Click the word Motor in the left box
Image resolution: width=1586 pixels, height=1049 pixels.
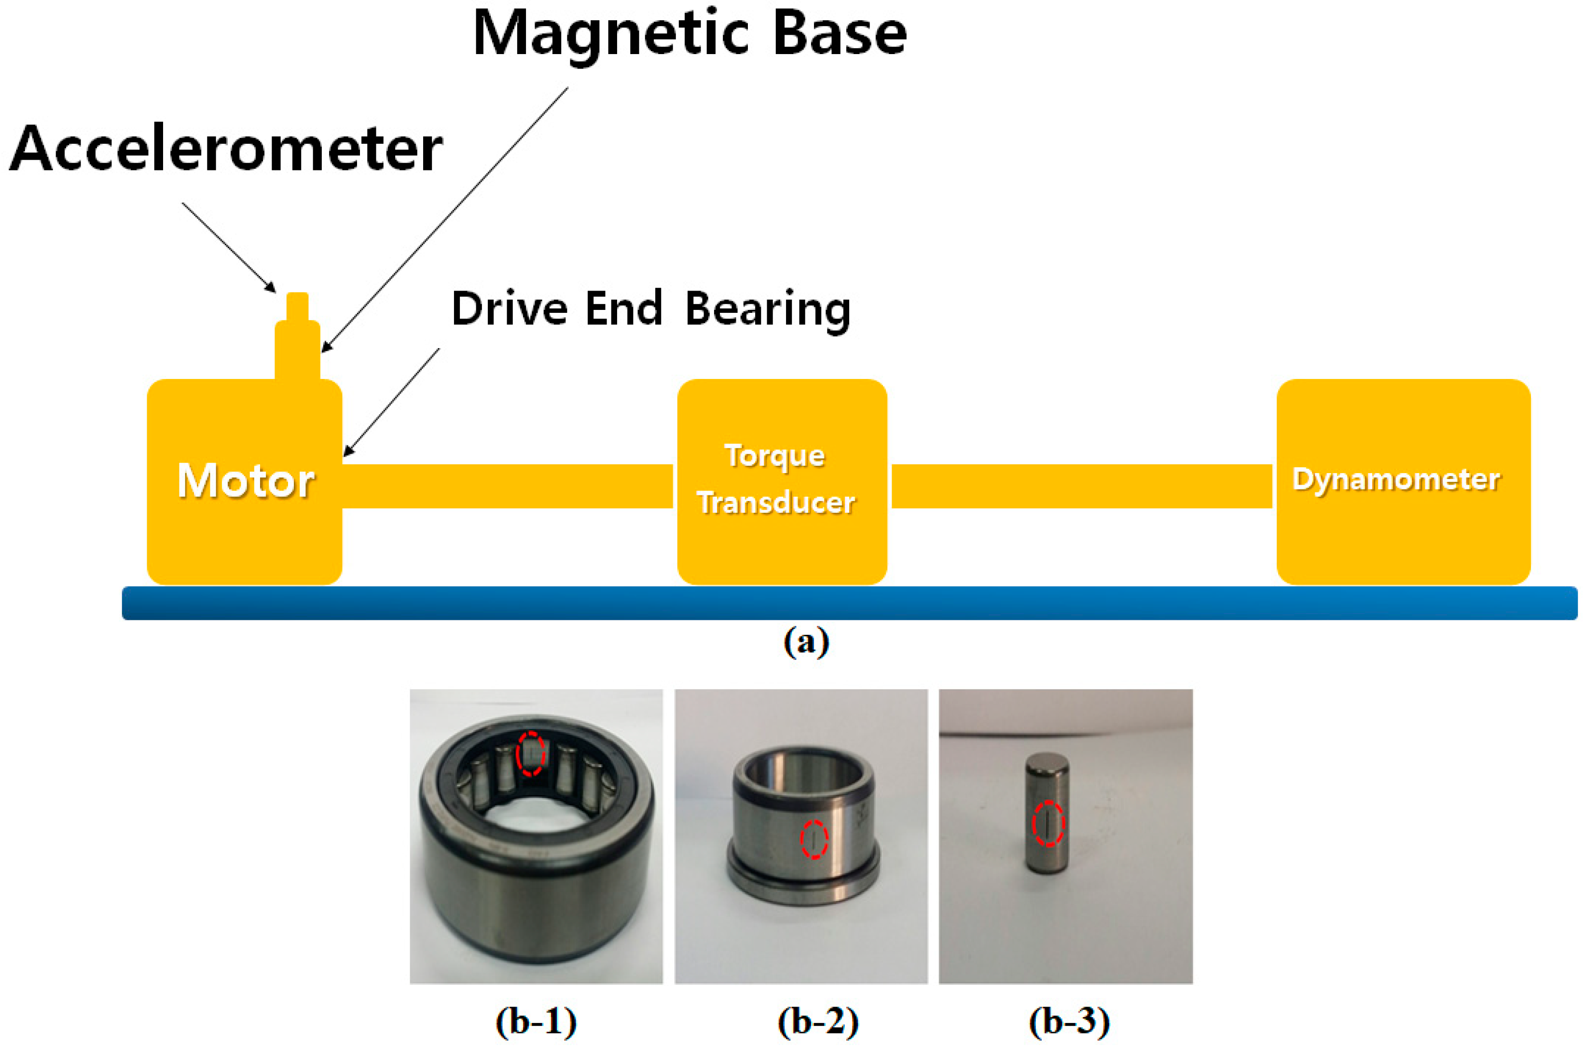246,481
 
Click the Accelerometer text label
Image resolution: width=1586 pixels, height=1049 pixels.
226,149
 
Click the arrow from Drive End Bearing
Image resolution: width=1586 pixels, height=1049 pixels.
392,402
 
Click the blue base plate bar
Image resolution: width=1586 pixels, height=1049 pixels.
849,603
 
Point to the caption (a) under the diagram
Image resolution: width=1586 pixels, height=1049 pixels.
806,642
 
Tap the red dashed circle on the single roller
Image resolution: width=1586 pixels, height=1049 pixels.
1048,823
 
